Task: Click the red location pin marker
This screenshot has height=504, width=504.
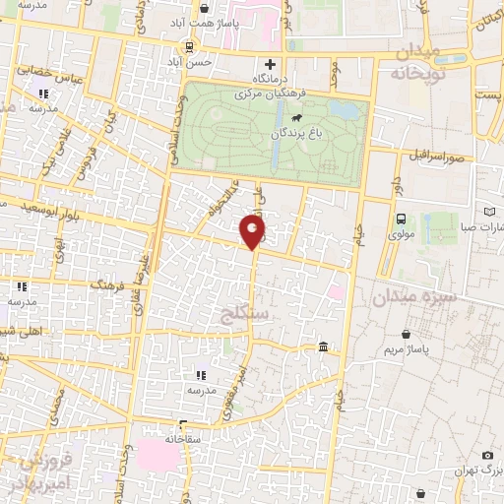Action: (x=253, y=230)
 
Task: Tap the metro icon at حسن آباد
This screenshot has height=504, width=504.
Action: (x=187, y=45)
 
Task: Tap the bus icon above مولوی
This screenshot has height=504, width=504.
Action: (x=401, y=219)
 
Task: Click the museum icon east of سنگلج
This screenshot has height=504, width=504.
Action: (x=324, y=346)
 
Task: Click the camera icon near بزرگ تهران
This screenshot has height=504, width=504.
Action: (x=486, y=456)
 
